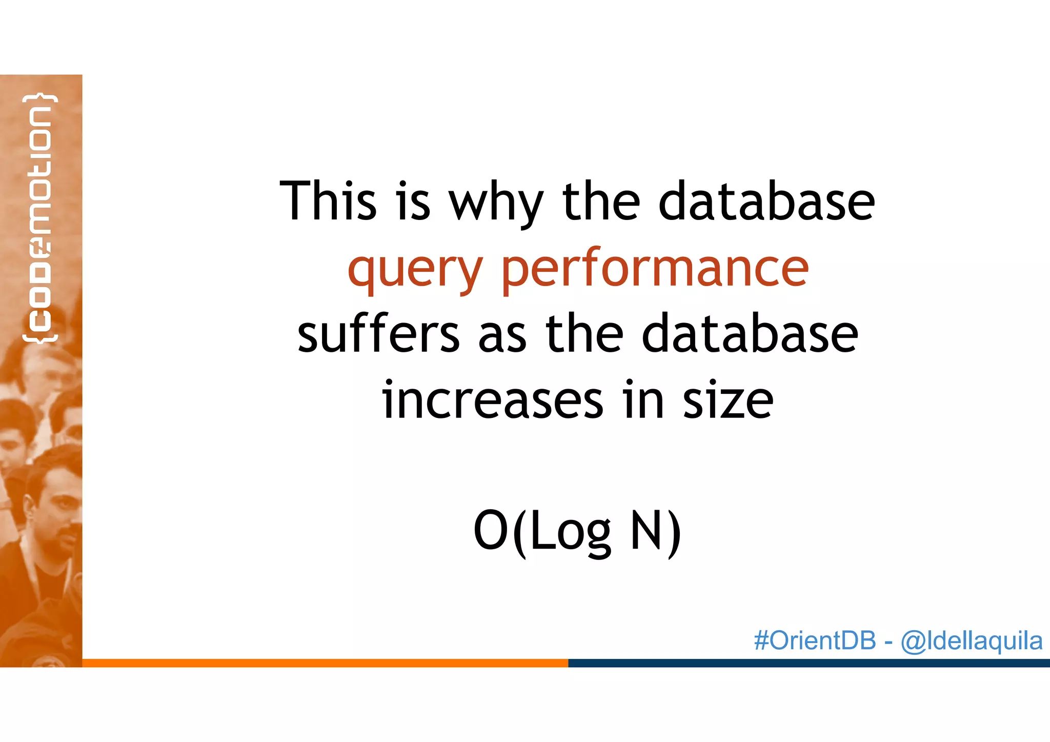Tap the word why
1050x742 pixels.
click(x=496, y=205)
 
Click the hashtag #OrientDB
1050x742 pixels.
click(x=815, y=641)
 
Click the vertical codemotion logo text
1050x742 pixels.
click(x=40, y=218)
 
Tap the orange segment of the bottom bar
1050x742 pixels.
click(x=325, y=663)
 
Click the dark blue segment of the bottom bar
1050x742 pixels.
click(x=809, y=663)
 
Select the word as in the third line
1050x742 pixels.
click(x=502, y=336)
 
